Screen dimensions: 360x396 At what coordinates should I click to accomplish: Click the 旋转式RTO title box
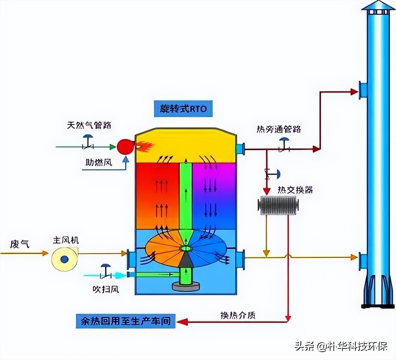coord(183,108)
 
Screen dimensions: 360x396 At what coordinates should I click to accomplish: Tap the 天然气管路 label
coord(89,125)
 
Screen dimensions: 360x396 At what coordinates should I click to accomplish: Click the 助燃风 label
coord(99,163)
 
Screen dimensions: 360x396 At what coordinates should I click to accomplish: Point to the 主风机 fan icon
coord(64,258)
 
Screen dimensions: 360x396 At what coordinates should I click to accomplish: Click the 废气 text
coord(20,244)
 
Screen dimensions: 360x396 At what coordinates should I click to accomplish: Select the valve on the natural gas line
coord(87,143)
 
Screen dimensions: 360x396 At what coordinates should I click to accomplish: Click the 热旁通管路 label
coord(279,129)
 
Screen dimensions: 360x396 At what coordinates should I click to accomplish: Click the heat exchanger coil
coord(278,205)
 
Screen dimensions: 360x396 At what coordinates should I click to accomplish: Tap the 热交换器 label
coord(295,190)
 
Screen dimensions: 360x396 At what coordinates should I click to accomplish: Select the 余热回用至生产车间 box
coord(126,320)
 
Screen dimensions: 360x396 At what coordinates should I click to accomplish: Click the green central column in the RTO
coord(185,194)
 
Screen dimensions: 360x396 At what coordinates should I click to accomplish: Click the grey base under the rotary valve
coord(185,287)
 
